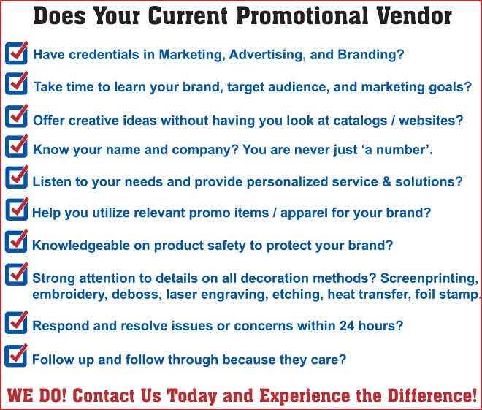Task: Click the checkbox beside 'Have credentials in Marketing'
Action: click(17, 53)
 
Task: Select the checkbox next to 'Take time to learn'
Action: click(17, 83)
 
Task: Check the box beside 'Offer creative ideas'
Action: click(17, 116)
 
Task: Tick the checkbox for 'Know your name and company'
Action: click(17, 146)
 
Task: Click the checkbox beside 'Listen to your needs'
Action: click(17, 177)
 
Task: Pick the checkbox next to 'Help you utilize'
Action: click(17, 209)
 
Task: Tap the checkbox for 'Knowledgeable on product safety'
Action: click(17, 241)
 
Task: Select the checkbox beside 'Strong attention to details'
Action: click(17, 274)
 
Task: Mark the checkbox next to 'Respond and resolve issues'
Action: click(17, 322)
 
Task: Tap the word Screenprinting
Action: click(429, 278)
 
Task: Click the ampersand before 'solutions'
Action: click(386, 182)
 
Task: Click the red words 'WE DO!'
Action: click(36, 395)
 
